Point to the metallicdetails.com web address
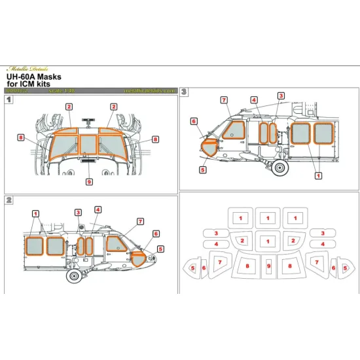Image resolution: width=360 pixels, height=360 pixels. [x=150, y=91]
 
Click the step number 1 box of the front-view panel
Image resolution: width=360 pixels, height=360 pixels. [x=9, y=100]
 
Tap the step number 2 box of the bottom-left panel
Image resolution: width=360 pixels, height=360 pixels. [x=9, y=199]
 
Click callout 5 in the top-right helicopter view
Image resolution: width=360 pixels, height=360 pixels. [x=203, y=169]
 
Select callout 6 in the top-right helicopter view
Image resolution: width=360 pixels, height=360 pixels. [x=194, y=121]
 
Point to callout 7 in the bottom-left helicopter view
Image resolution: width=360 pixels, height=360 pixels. [x=140, y=221]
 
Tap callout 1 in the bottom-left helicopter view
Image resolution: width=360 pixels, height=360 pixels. [x=35, y=213]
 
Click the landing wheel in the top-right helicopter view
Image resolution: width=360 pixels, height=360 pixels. [x=282, y=168]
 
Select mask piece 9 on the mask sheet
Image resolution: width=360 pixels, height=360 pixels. [x=268, y=266]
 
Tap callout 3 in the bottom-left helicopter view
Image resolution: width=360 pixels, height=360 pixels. [x=78, y=212]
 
